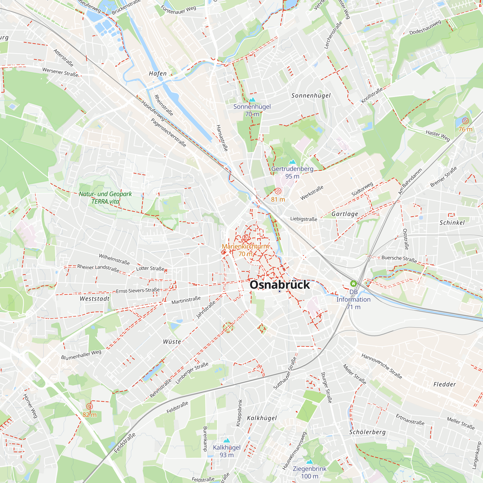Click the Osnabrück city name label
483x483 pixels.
point(279,285)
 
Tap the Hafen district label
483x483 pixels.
point(158,73)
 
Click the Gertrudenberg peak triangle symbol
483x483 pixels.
point(292,162)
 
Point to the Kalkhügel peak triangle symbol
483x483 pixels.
point(227,440)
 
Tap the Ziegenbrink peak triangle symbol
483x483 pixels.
point(310,462)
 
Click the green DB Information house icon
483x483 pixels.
point(353,284)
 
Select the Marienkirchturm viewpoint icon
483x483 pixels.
point(246,238)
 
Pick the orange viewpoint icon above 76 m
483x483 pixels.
point(465,121)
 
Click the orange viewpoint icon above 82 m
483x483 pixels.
point(90,406)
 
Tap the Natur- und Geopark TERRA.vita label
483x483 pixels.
point(105,198)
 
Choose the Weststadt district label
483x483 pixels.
point(95,299)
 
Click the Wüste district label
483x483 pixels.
point(172,342)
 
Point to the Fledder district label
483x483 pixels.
point(445,384)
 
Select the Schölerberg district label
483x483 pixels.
point(367,432)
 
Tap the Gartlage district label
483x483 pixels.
point(345,214)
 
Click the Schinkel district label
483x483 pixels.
point(452,223)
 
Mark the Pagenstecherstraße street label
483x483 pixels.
point(169,133)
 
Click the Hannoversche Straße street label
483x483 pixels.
point(382,366)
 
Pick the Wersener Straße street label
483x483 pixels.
point(60,72)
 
